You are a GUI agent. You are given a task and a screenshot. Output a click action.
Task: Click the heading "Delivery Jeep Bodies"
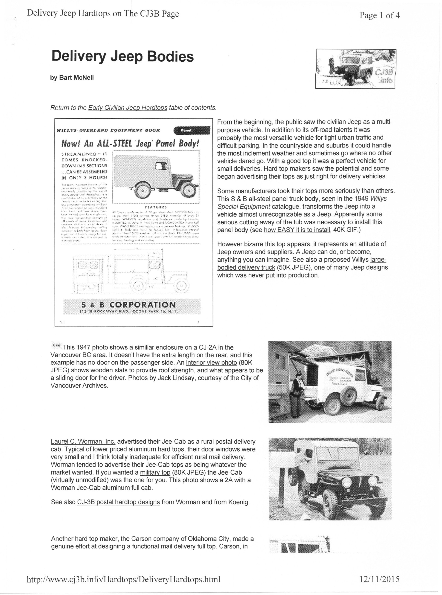122,56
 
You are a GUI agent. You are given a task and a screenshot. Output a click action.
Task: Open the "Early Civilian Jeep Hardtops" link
128,108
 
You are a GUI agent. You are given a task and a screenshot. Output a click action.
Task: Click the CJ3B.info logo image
356,69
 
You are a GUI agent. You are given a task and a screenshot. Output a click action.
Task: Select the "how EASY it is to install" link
297,230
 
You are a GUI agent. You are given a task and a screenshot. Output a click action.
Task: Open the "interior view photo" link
211,363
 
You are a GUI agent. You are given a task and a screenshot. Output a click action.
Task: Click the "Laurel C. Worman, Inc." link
83,442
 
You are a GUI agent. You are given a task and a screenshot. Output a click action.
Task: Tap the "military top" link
155,473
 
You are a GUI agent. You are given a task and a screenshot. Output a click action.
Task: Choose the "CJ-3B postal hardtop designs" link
119,502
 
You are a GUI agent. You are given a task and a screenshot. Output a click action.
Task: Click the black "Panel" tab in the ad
191,130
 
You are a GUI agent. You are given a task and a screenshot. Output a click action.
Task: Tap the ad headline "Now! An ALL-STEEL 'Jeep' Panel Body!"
130,144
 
